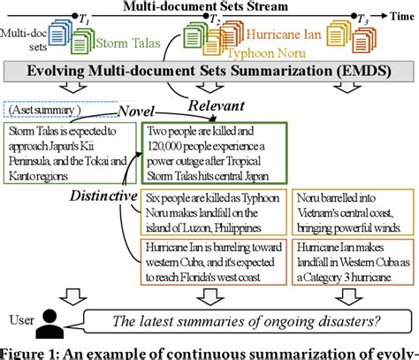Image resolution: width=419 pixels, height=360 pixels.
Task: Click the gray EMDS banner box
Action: [x=210, y=73]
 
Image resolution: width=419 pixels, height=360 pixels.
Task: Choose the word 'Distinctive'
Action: [x=104, y=194]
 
